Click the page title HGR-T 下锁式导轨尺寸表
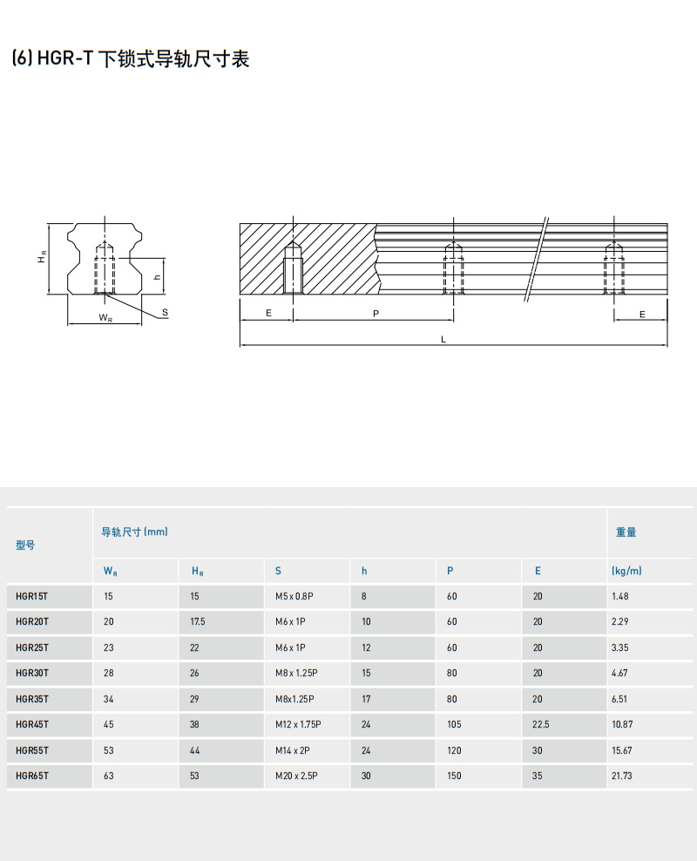(x=131, y=59)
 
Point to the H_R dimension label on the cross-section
(x=41, y=258)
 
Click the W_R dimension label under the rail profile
(x=105, y=318)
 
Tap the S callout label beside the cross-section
(x=165, y=311)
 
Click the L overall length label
(x=443, y=340)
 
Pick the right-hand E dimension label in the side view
(x=642, y=313)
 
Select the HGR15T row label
(x=32, y=597)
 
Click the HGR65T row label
(x=32, y=776)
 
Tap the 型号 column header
(x=25, y=546)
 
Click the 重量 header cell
(x=626, y=532)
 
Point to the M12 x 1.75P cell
(x=298, y=724)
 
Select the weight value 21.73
(x=622, y=776)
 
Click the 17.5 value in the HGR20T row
(x=198, y=622)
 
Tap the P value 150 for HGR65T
(x=454, y=776)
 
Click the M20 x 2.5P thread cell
(x=296, y=776)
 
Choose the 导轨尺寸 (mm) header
(x=134, y=532)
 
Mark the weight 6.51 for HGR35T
(x=620, y=699)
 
